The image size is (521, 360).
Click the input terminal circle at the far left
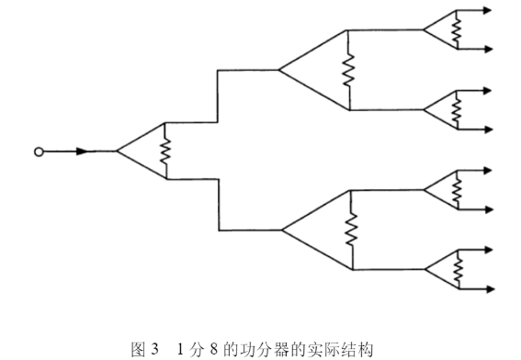(x=38, y=152)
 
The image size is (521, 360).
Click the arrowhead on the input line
(x=84, y=152)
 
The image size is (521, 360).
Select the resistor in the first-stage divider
(x=165, y=151)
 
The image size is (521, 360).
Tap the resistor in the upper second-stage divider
(x=348, y=70)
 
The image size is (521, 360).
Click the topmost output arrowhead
(x=487, y=11)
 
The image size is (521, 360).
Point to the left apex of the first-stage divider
(x=117, y=151)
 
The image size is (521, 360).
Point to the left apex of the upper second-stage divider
(x=278, y=70)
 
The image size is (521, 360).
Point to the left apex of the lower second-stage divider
(x=281, y=230)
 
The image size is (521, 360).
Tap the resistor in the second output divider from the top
(x=455, y=109)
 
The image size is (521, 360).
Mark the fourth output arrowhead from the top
(x=487, y=128)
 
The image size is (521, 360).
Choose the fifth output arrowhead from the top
(x=487, y=170)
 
